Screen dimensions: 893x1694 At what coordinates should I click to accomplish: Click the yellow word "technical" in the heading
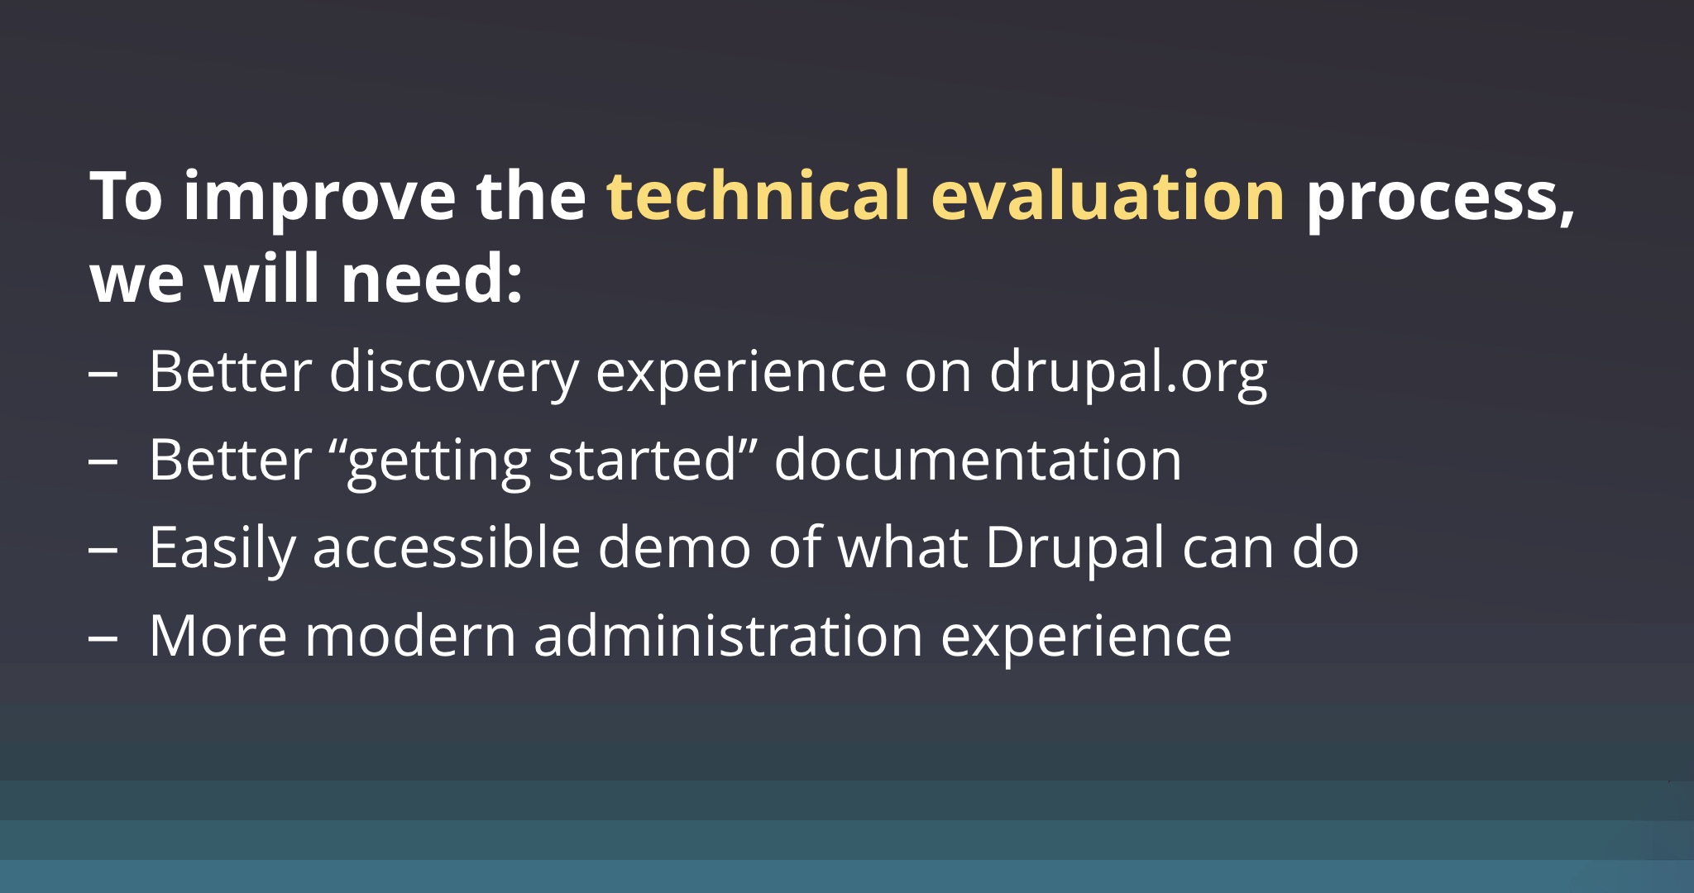coord(758,196)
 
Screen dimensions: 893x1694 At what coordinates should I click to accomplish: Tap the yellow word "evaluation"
coord(1108,196)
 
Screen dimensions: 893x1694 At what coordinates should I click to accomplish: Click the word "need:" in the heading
coord(432,279)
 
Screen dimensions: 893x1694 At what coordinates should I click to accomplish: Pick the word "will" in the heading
coord(262,279)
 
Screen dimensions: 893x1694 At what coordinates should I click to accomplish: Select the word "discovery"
coord(453,372)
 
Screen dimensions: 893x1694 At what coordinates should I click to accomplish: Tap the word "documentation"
coord(978,460)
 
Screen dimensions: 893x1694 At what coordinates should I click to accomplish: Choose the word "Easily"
coord(222,549)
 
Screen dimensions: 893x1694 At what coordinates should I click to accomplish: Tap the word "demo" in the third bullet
coord(673,547)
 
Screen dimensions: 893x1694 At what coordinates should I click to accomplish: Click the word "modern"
coord(410,636)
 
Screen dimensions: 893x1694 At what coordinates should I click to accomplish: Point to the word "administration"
coord(728,636)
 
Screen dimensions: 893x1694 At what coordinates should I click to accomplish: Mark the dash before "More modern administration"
coord(103,638)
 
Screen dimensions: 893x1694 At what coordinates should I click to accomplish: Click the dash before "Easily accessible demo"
coord(103,549)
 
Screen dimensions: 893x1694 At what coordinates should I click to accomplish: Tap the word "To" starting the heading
coord(127,196)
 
